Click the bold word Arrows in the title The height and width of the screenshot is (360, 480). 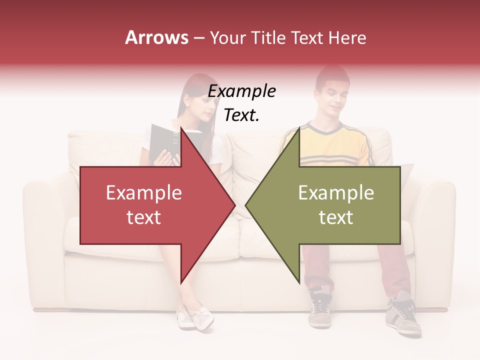pyautogui.click(x=156, y=37)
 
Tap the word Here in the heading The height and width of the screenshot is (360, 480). pyautogui.click(x=347, y=37)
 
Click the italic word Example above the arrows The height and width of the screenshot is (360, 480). pyautogui.click(x=241, y=91)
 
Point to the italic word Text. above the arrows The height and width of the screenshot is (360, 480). pyautogui.click(x=241, y=115)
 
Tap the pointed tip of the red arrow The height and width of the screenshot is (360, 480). pyautogui.click(x=234, y=205)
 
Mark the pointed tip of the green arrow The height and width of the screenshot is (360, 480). pyautogui.click(x=247, y=205)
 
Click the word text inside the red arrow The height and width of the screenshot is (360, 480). pyautogui.click(x=143, y=217)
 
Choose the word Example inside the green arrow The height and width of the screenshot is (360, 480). pyautogui.click(x=336, y=193)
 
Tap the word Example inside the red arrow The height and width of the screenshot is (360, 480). pyautogui.click(x=143, y=193)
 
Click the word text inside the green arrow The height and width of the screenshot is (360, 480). pyautogui.click(x=336, y=217)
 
